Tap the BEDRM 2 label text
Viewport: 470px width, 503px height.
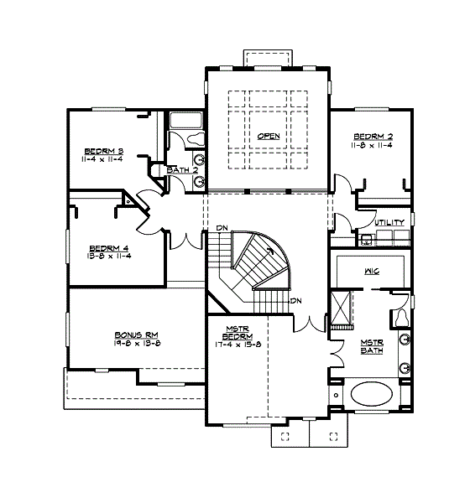coord(373,137)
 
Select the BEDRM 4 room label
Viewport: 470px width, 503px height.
coord(109,247)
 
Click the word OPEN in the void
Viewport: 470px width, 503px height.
coord(269,136)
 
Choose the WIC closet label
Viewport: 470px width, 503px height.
coord(373,272)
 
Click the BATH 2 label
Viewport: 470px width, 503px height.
coord(182,170)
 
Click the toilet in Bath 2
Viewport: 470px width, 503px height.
coord(194,139)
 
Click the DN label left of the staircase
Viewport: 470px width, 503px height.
coord(222,228)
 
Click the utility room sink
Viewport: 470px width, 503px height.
coord(366,240)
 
